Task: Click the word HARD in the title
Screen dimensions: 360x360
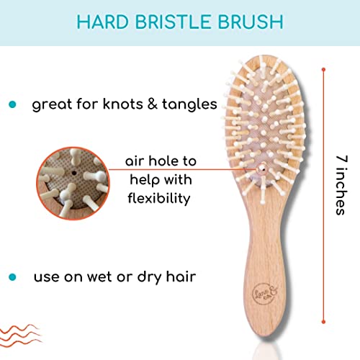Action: click(103, 22)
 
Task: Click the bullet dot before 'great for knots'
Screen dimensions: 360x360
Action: click(12, 104)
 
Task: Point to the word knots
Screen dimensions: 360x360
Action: click(123, 104)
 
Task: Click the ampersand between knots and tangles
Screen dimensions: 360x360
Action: click(153, 104)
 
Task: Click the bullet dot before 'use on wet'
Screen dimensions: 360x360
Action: click(12, 277)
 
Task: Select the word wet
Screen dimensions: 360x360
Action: click(99, 277)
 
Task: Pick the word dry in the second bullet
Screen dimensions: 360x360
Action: click(149, 278)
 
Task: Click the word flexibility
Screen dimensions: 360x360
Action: click(159, 199)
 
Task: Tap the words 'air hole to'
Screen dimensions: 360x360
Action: click(161, 161)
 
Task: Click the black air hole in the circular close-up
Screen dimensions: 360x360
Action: click(74, 173)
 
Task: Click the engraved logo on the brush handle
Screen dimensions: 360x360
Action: click(265, 292)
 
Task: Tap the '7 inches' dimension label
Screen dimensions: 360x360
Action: click(341, 185)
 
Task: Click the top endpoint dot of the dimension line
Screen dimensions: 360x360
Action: click(323, 70)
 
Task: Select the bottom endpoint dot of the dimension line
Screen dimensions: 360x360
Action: click(323, 322)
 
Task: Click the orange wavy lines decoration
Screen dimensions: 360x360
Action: click(20, 336)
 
